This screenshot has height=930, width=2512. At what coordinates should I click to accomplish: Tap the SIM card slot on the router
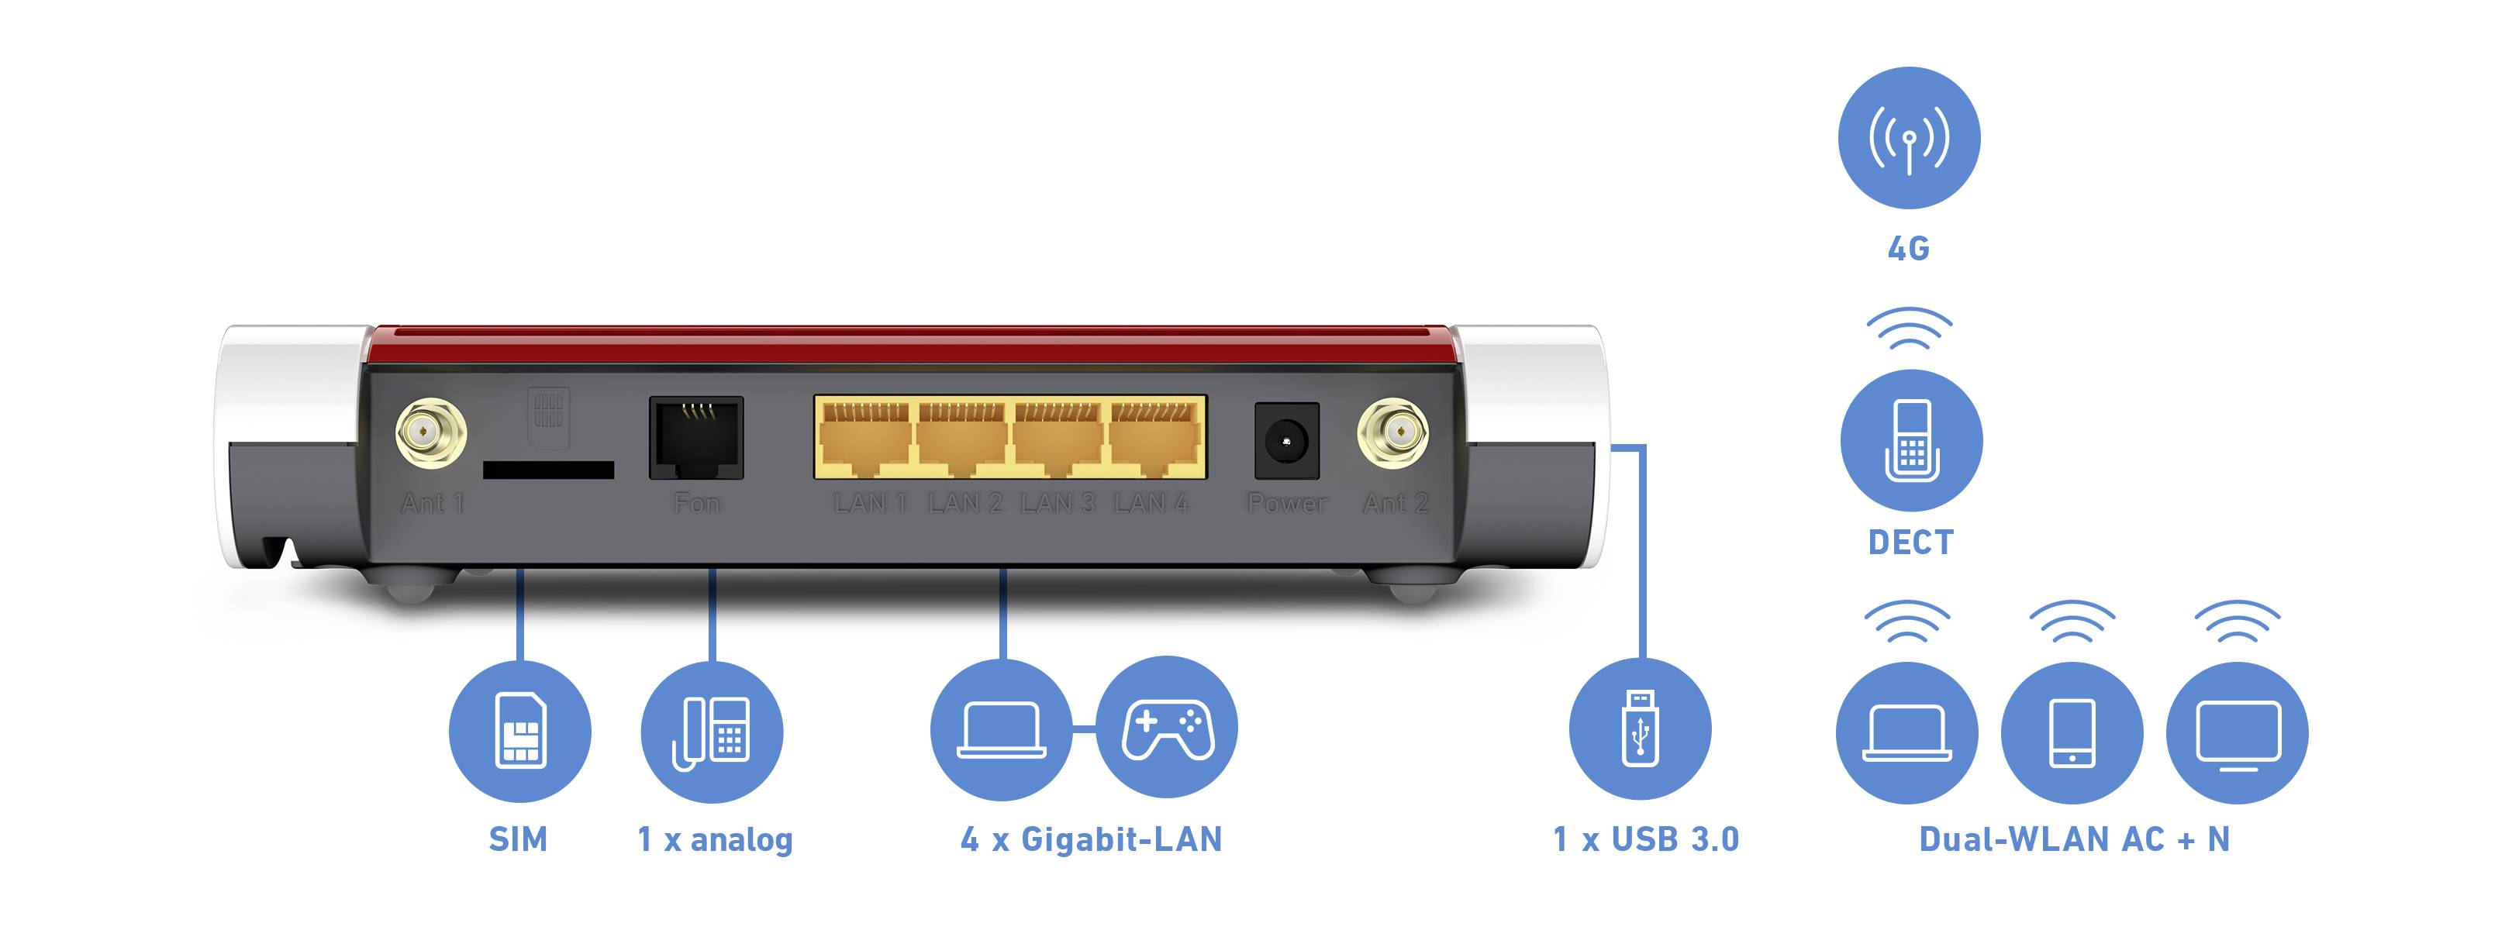coord(548,470)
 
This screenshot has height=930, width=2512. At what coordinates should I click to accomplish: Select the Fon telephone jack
coord(696,438)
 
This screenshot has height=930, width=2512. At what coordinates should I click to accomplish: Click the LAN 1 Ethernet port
coord(865,439)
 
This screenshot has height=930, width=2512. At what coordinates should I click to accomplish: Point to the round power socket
coord(1286,442)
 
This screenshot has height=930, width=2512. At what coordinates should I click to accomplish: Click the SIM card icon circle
coord(519,731)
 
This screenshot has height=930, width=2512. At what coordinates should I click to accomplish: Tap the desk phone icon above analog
coord(712,731)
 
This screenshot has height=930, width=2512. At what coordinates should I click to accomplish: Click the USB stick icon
coord(1641,729)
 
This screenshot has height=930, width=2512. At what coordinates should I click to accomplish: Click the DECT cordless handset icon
coord(1911,441)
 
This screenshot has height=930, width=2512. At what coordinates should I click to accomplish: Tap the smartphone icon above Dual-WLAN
coord(2072,733)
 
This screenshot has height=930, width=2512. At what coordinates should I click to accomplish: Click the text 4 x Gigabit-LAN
coord(1091,839)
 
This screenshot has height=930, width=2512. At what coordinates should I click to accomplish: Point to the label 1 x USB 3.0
coord(1645,839)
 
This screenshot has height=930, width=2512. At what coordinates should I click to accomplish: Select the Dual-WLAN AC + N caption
coord(2074,839)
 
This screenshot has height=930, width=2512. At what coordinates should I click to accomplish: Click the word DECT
coord(1910,542)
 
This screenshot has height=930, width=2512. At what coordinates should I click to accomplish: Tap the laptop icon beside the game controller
coord(1002,729)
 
